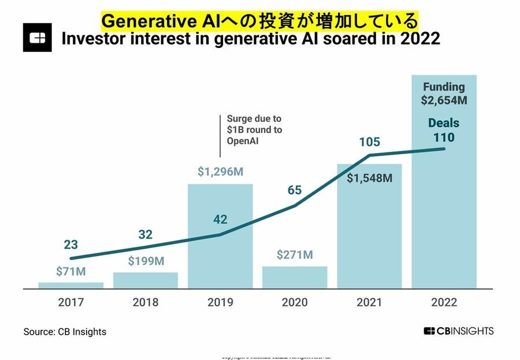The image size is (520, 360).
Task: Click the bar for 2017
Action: tap(71, 285)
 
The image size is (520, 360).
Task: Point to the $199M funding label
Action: tap(145, 261)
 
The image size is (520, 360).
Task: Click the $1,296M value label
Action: tap(220, 172)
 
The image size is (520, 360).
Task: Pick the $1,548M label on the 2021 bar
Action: tap(369, 178)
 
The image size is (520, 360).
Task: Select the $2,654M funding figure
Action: tap(444, 101)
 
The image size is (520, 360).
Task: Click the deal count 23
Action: tap(70, 244)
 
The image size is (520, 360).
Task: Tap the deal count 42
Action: tap(220, 220)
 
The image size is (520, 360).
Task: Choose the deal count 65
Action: tap(295, 190)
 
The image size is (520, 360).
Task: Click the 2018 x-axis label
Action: tap(146, 302)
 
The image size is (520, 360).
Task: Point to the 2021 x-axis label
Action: tap(369, 302)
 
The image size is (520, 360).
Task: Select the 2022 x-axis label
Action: tap(444, 302)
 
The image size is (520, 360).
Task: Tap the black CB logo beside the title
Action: tap(38, 38)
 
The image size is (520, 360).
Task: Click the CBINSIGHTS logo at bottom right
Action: tap(458, 331)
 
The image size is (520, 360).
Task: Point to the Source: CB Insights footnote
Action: tap(65, 332)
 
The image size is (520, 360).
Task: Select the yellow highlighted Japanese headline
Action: tap(259, 21)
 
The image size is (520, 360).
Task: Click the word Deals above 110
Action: tap(444, 123)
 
